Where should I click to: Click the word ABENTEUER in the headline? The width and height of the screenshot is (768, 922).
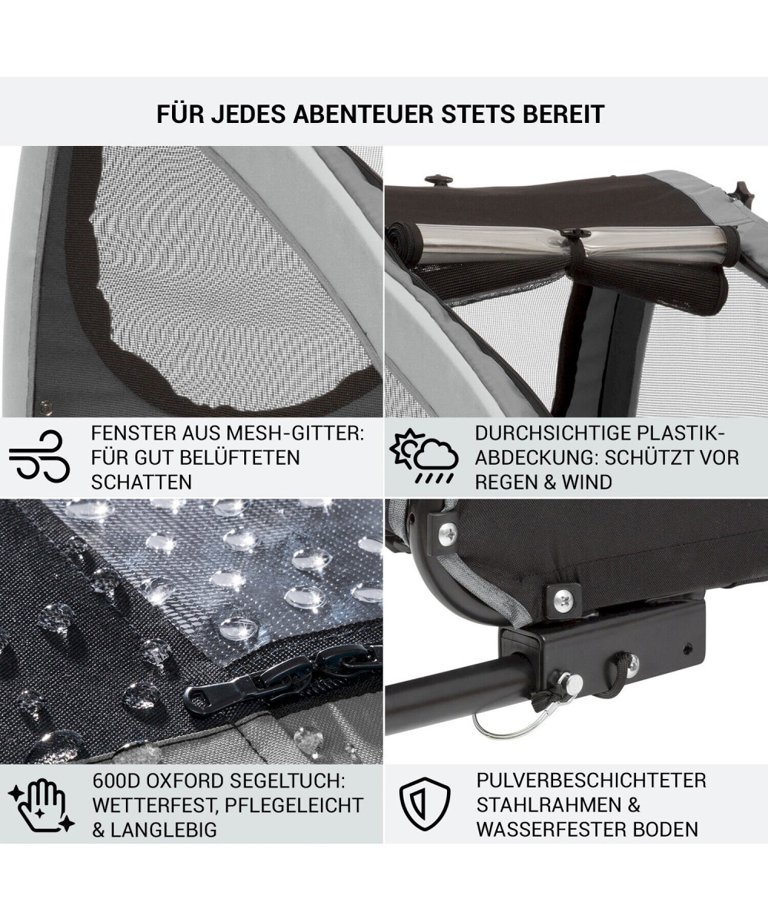pyautogui.click(x=363, y=114)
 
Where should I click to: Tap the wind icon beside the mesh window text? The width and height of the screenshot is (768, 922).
pyautogui.click(x=39, y=456)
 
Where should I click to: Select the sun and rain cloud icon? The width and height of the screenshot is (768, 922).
pyautogui.click(x=423, y=456)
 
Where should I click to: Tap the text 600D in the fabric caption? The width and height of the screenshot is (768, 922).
pyautogui.click(x=116, y=781)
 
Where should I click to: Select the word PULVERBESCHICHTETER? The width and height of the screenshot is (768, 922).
pyautogui.click(x=591, y=781)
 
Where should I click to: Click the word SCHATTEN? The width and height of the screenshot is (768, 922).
pyautogui.click(x=141, y=483)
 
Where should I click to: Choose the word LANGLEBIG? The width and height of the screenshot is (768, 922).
pyautogui.click(x=164, y=830)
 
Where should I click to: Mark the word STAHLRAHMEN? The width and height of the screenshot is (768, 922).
pyautogui.click(x=545, y=805)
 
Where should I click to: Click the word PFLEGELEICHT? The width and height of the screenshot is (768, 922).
pyautogui.click(x=294, y=806)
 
